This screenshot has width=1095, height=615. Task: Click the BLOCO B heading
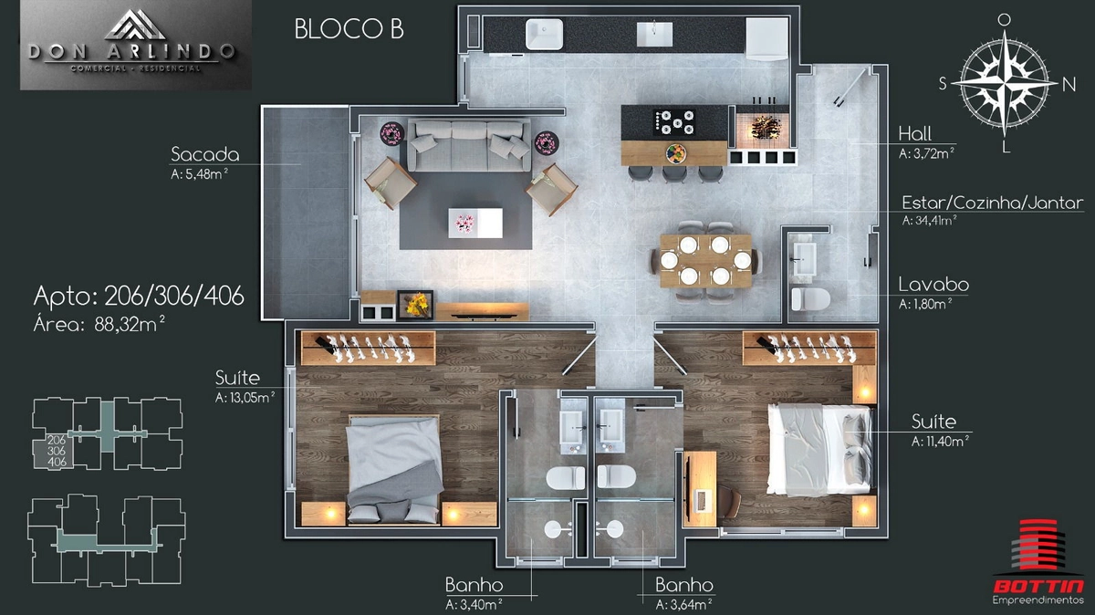pos(349,29)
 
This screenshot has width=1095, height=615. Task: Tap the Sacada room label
pos(204,154)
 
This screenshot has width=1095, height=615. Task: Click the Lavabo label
pos(933,285)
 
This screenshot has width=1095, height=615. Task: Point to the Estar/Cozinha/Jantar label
pos(993,203)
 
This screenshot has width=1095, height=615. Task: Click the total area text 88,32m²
pos(129,324)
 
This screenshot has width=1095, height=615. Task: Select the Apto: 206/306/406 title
pos(139,296)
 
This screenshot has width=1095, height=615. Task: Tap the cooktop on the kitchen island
pos(674,121)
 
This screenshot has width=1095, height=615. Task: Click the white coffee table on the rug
pos(475,223)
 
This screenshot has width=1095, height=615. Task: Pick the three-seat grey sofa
pos(469,145)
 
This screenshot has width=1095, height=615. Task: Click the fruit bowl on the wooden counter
pos(675,153)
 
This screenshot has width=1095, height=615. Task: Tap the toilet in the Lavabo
pos(810,299)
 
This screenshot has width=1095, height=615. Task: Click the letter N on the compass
pos(1069,85)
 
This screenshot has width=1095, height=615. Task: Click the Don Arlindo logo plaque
pos(136,46)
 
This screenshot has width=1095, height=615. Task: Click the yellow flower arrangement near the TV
pos(415,304)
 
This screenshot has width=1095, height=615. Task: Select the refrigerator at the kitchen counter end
pos(767,39)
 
